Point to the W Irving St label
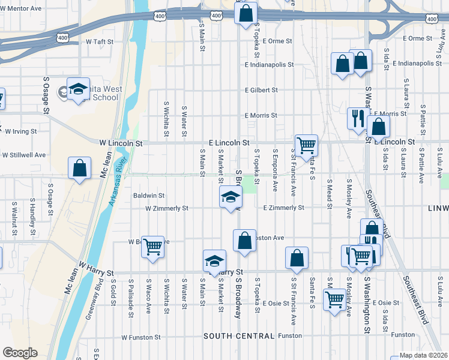tap(21, 131)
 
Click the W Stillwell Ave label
tap(24, 155)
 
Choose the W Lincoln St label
tap(121, 143)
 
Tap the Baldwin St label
tap(149, 196)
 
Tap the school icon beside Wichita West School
tap(78, 91)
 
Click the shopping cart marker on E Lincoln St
tap(306, 145)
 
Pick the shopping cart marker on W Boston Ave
tap(153, 246)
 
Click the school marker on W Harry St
tap(214, 260)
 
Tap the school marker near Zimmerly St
tap(231, 197)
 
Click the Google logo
tap(20, 353)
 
